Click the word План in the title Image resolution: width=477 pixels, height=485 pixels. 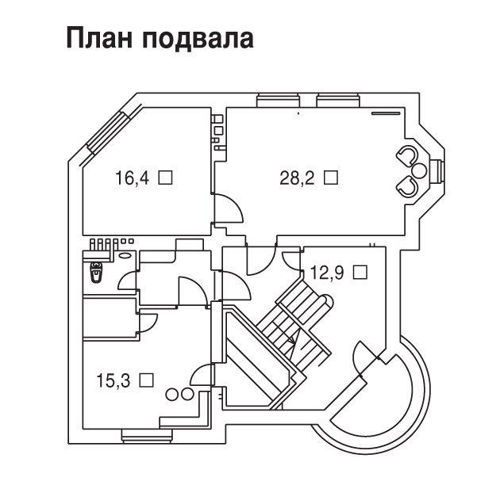pyautogui.click(x=99, y=38)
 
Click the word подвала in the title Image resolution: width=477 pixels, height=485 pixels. pyautogui.click(x=199, y=38)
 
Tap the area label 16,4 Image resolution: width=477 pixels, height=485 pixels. pyautogui.click(x=132, y=178)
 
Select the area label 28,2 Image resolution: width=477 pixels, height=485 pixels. pyautogui.click(x=297, y=178)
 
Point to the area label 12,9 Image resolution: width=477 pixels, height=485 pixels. pyautogui.click(x=327, y=273)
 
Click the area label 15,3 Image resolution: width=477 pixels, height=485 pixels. pyautogui.click(x=113, y=380)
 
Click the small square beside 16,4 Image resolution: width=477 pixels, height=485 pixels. pyautogui.click(x=165, y=178)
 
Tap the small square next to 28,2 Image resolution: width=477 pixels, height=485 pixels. pyautogui.click(x=331, y=178)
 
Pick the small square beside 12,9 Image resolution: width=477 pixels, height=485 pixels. pyautogui.click(x=360, y=272)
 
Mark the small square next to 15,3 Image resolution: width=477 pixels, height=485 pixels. pyautogui.click(x=147, y=380)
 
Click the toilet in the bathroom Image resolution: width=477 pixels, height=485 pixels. pyautogui.click(x=96, y=271)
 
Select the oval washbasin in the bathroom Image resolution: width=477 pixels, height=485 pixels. pyautogui.click(x=125, y=255)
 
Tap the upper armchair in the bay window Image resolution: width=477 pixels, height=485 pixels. pyautogui.click(x=407, y=155)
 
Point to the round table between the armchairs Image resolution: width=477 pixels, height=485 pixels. pyautogui.click(x=419, y=170)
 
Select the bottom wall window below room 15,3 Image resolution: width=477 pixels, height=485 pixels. pyautogui.click(x=147, y=436)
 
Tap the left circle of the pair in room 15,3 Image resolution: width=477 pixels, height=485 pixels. pyautogui.click(x=171, y=395)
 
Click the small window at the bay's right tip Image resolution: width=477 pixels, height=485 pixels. pyautogui.click(x=438, y=171)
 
